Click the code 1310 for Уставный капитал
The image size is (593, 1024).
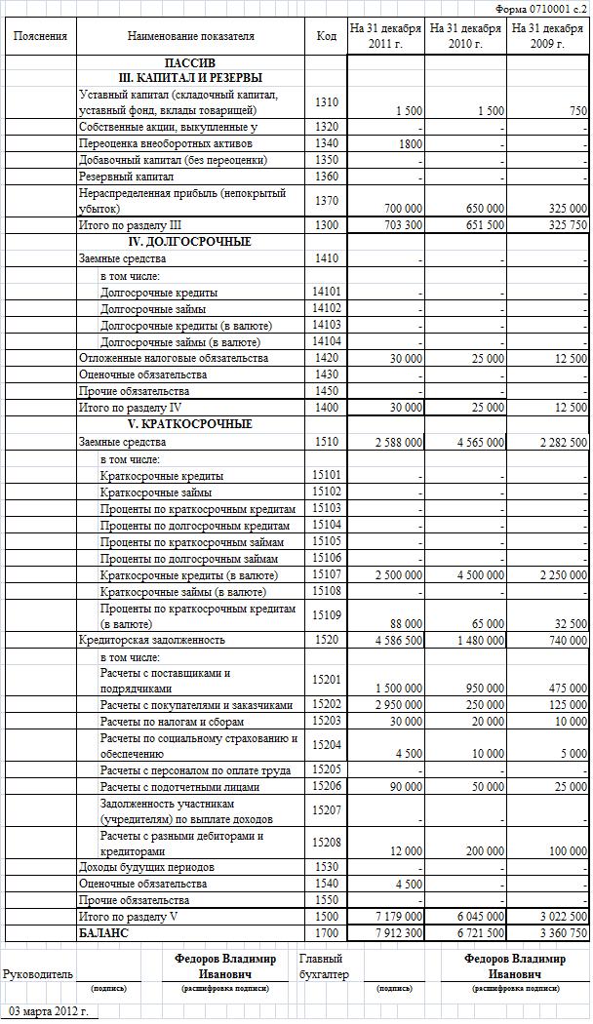[328, 102]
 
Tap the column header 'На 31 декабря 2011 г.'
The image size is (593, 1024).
[386, 36]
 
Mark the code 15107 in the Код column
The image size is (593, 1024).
[328, 574]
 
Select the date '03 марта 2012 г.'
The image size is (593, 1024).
[48, 1011]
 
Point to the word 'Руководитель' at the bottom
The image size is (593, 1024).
[38, 973]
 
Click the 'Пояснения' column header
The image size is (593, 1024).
[41, 36]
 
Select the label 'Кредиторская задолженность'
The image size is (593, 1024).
[152, 640]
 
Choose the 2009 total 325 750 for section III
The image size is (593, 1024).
[564, 225]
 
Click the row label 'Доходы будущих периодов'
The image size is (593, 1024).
[147, 867]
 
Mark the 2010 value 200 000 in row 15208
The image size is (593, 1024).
[483, 851]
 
